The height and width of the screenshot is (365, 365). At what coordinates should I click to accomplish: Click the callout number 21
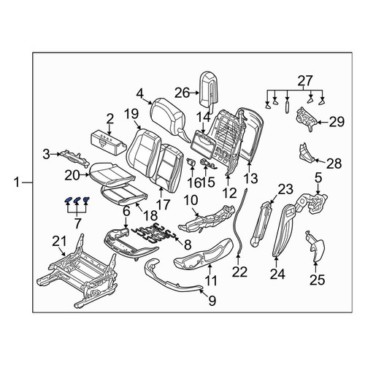coord(60,242)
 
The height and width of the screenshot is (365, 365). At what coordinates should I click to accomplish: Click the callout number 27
coord(305,81)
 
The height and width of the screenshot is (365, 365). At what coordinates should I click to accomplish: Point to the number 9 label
coord(212,301)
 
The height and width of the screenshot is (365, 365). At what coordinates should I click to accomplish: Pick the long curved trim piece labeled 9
coord(172,275)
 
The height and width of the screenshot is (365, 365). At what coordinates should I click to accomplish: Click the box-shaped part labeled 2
coord(108,141)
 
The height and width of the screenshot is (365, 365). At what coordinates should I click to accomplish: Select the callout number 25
coord(318,280)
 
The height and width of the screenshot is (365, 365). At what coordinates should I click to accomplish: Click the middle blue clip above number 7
coord(77,200)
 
